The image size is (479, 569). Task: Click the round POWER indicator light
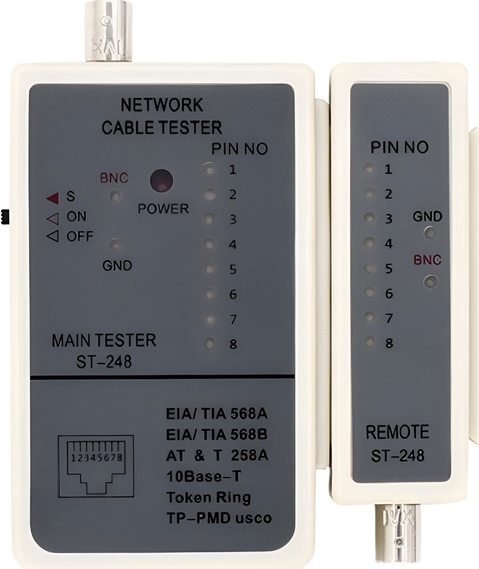pyautogui.click(x=162, y=181)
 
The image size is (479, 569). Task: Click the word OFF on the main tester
pyautogui.click(x=80, y=236)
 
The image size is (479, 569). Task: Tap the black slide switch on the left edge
pyautogui.click(x=5, y=217)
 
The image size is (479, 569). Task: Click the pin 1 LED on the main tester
pyautogui.click(x=209, y=170)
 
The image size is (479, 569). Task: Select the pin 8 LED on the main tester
pyautogui.click(x=210, y=343)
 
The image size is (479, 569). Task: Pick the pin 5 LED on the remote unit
pyautogui.click(x=369, y=268)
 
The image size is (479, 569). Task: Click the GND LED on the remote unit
pyautogui.click(x=430, y=233)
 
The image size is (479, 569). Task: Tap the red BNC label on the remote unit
pyautogui.click(x=427, y=260)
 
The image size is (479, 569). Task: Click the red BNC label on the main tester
pyautogui.click(x=114, y=178)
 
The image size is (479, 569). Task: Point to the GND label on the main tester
pyautogui.click(x=117, y=266)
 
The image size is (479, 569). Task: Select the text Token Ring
pyautogui.click(x=208, y=498)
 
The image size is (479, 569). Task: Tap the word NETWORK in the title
pyautogui.click(x=162, y=105)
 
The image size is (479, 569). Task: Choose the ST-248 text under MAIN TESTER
pyautogui.click(x=104, y=362)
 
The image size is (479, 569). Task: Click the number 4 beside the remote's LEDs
pyautogui.click(x=389, y=243)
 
